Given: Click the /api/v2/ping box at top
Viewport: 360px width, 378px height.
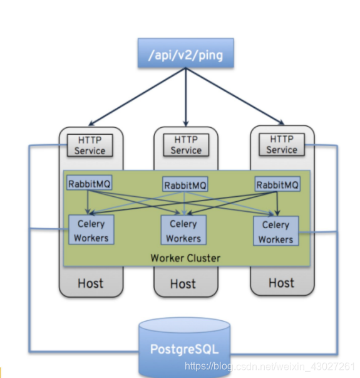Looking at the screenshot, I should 185,55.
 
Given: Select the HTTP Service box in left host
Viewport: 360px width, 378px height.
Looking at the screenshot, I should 90,145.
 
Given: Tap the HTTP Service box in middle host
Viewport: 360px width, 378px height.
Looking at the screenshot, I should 186,145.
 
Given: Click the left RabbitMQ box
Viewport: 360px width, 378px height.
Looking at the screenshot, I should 88,184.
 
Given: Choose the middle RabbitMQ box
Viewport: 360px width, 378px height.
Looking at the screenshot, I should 185,185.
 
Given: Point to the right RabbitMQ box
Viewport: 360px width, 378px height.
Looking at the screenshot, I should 277,184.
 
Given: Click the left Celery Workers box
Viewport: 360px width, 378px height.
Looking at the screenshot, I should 91,231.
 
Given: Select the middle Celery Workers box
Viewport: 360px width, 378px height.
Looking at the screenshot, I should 183,231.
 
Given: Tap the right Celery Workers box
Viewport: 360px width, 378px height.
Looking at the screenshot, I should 275,232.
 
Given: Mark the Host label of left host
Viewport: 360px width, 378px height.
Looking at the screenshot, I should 90,283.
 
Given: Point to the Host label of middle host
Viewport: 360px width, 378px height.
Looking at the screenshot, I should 183,285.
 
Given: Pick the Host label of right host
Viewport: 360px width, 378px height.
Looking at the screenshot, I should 281,283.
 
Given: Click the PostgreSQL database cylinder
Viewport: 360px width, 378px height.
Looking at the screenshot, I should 185,349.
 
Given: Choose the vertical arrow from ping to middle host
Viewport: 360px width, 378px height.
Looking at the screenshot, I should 185,94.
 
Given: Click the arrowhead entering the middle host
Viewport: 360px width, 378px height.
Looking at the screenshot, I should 185,122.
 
